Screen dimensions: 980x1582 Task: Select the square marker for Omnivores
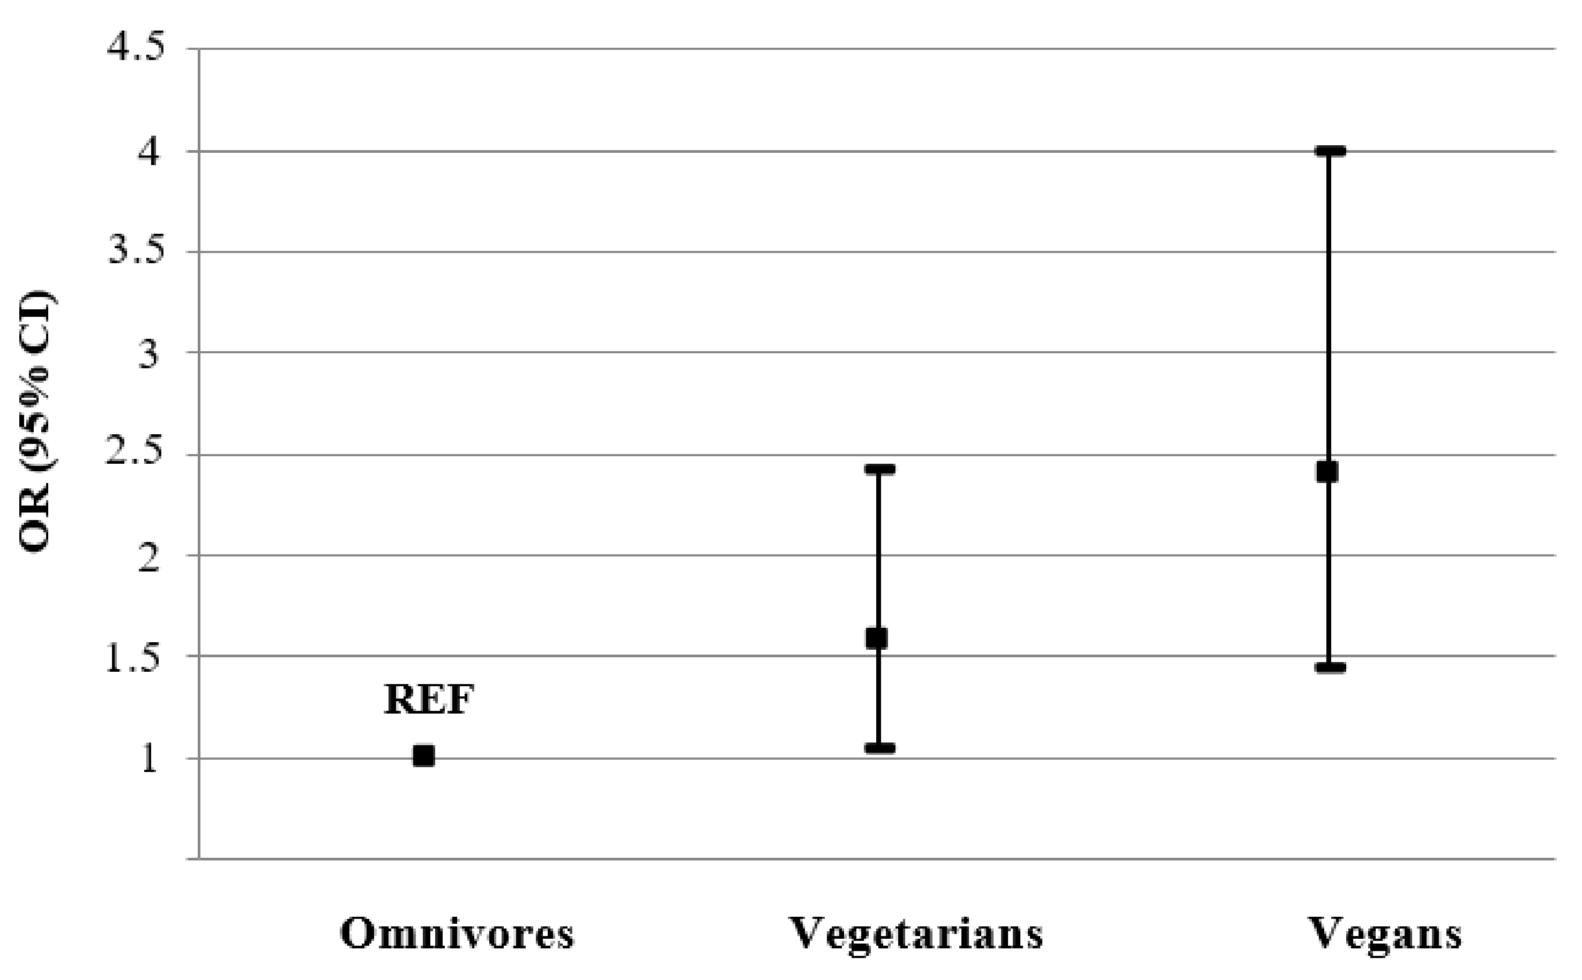424,756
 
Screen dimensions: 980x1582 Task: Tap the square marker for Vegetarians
877,639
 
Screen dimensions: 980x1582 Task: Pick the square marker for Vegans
1327,472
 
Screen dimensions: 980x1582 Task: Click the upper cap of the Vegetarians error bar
879,469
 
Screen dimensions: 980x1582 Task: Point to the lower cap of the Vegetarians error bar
879,748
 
